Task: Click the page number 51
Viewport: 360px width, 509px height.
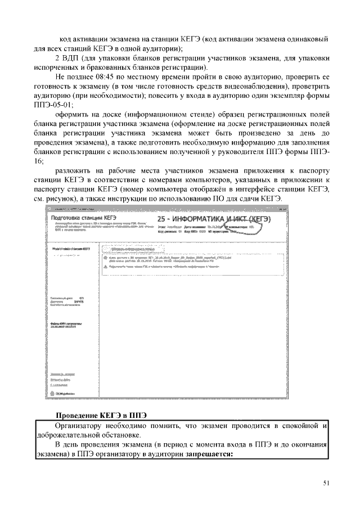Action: click(327, 482)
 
